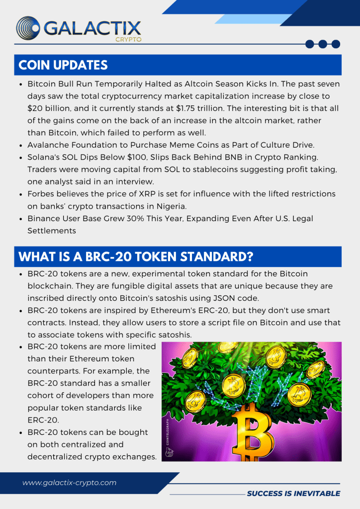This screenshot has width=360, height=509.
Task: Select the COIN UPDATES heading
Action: [x=63, y=65]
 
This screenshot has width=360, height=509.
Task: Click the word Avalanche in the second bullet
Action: [x=48, y=145]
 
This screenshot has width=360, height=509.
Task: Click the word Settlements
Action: [x=52, y=231]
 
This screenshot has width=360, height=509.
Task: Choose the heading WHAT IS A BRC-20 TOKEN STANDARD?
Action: [x=136, y=256]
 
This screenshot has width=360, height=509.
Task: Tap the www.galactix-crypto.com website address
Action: [x=69, y=483]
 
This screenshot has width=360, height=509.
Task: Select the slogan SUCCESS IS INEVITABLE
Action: [x=293, y=493]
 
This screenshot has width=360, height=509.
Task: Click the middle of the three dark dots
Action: [x=323, y=44]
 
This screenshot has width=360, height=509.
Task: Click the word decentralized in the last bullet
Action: [x=63, y=457]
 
